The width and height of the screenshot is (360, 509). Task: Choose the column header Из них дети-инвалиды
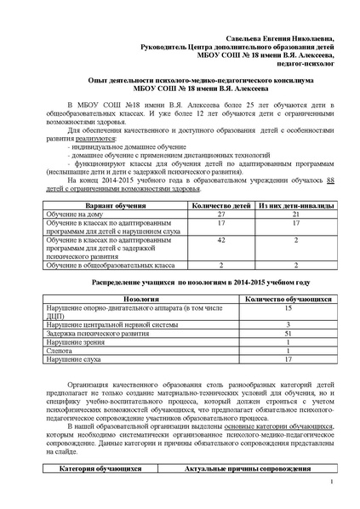pyautogui.click(x=283, y=207)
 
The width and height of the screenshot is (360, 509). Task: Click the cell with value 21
pyautogui.click(x=283, y=216)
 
